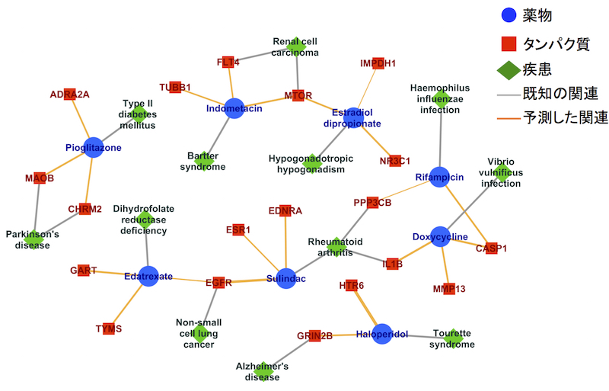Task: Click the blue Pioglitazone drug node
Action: point(93,148)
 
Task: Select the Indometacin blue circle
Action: point(234,109)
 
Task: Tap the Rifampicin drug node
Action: point(439,177)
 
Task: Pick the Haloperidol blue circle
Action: point(382,334)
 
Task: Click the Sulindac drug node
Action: point(286,279)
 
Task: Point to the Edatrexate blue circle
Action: point(148,276)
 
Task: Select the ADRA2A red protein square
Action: point(70,95)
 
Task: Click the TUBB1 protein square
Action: point(175,87)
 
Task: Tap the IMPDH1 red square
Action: point(378,63)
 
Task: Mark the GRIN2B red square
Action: point(314,335)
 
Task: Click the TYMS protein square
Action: point(109,329)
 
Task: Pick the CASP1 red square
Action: point(491,248)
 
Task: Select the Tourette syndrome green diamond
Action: point(453,338)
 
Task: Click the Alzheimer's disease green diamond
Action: point(262,370)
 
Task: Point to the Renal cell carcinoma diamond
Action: point(295,46)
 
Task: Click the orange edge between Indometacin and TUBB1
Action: point(204,98)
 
